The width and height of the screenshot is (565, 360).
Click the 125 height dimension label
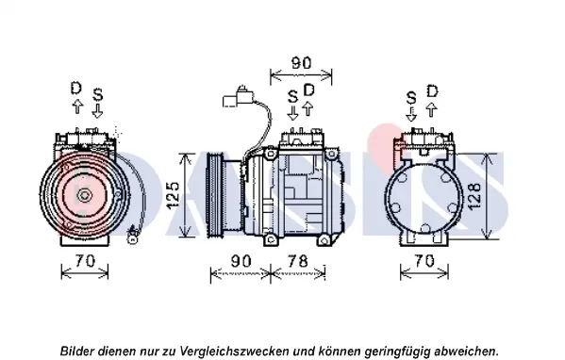click(x=174, y=194)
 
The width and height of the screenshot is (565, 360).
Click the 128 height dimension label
click(x=474, y=196)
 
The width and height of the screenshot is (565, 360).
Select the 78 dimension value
click(x=298, y=261)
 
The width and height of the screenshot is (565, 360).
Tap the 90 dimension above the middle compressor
click(x=301, y=63)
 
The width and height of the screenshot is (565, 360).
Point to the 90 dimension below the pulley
click(x=241, y=261)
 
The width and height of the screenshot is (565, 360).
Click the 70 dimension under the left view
click(x=85, y=261)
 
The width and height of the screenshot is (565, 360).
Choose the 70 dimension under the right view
click(x=424, y=261)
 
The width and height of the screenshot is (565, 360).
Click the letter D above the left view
click(x=76, y=89)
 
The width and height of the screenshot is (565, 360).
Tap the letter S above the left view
click(x=98, y=94)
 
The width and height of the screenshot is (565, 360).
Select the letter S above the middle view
click(x=293, y=96)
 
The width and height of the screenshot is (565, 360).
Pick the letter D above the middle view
click(x=308, y=90)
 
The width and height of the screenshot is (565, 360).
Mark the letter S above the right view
click(x=411, y=98)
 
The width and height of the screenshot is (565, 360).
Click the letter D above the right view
click(x=432, y=91)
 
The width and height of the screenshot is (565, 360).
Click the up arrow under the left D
click(x=77, y=106)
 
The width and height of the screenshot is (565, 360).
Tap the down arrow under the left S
click(x=97, y=111)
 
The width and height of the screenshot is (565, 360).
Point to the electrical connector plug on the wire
click(x=239, y=96)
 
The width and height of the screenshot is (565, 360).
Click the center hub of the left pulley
click(x=85, y=196)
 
